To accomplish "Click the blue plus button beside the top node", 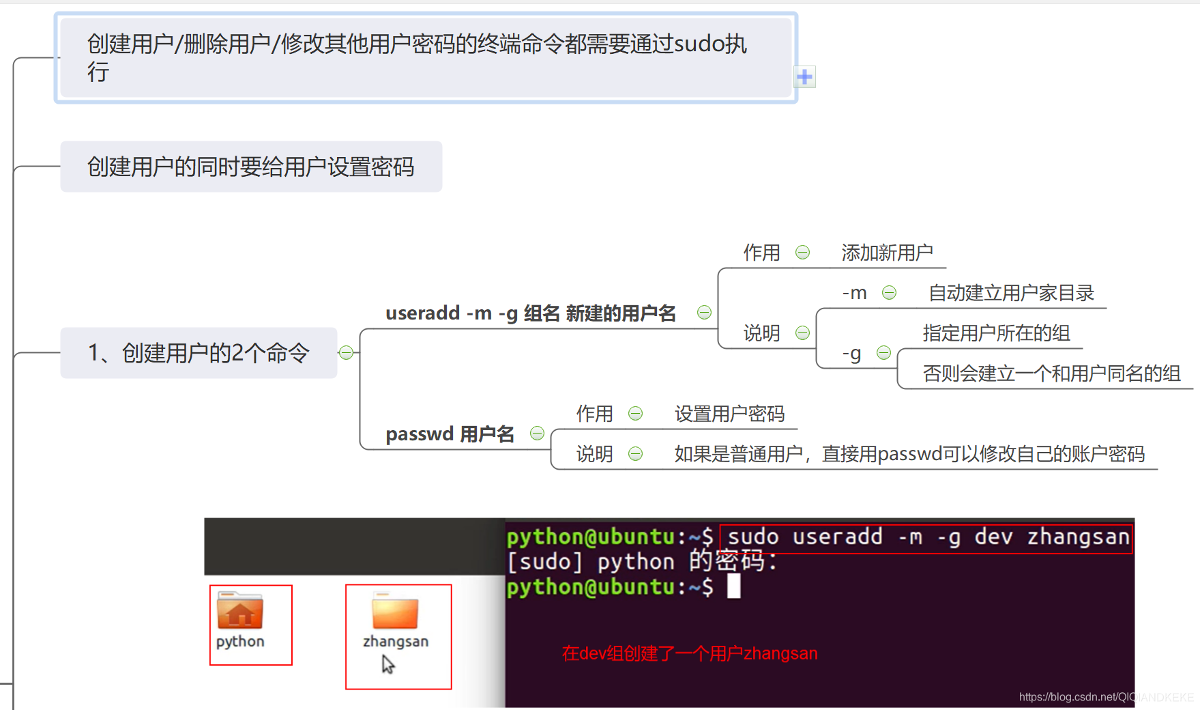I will pyautogui.click(x=805, y=77).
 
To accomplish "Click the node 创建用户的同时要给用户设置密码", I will pyautogui.click(x=251, y=167).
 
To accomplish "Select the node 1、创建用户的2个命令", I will pyautogui.click(x=199, y=353).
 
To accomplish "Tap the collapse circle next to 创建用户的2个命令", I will pyautogui.click(x=347, y=352).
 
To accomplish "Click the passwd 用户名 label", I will pyautogui.click(x=450, y=434).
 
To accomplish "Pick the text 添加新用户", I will pyautogui.click(x=887, y=253).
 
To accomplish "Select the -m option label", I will pyautogui.click(x=854, y=293).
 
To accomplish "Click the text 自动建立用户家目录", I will pyautogui.click(x=1011, y=293).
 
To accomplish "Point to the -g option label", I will pyautogui.click(x=851, y=353).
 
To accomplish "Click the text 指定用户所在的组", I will pyautogui.click(x=996, y=333).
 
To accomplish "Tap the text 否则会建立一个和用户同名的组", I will pyautogui.click(x=1051, y=373).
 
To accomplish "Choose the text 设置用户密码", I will pyautogui.click(x=729, y=414).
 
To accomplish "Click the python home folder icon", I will pyautogui.click(x=240, y=611).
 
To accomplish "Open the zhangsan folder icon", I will pyautogui.click(x=395, y=612).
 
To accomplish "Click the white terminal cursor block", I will pyautogui.click(x=733, y=586).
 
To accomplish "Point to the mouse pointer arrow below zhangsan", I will pyautogui.click(x=387, y=664).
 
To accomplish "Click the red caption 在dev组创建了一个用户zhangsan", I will pyautogui.click(x=690, y=653).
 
